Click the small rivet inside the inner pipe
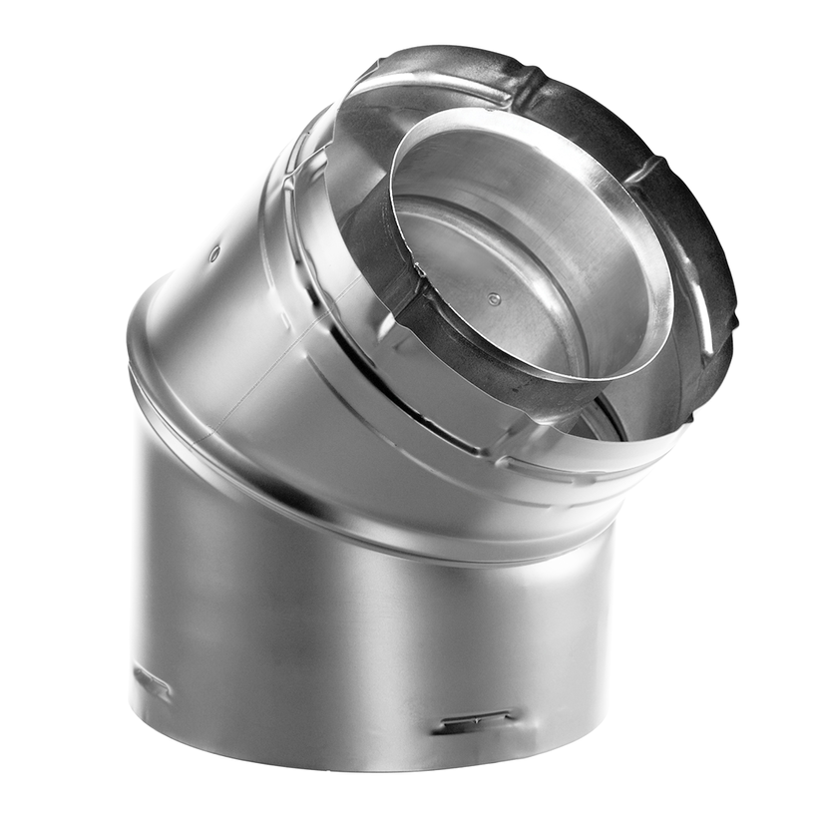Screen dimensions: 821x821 [495, 296]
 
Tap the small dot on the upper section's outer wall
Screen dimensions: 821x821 [214, 254]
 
